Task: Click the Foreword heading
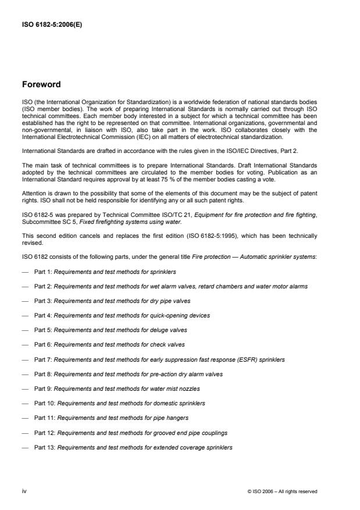(41, 84)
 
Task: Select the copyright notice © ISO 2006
(282, 492)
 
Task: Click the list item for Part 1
(105, 272)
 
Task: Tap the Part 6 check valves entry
(109, 345)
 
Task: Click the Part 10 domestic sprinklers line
(119, 404)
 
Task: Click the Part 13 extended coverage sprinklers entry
(133, 447)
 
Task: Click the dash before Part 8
(25, 375)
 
